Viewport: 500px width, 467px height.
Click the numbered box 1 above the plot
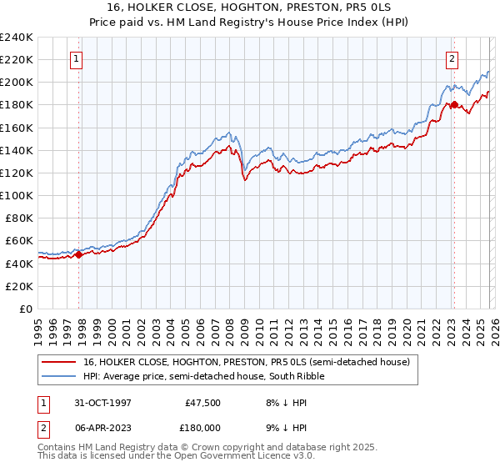tap(76, 59)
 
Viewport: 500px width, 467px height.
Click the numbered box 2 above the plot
tap(451, 59)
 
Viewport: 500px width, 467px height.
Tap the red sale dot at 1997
tap(79, 255)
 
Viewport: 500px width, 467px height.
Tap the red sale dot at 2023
tap(454, 105)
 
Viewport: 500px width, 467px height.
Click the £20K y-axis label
tap(20, 286)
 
